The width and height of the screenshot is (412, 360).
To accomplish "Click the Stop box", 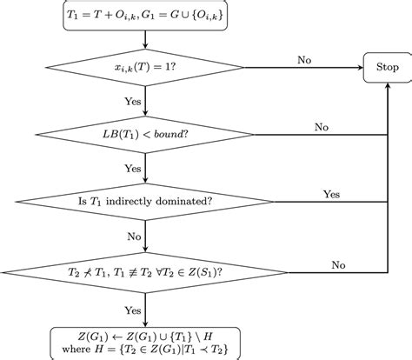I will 386,66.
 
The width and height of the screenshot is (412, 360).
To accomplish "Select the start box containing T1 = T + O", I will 146,16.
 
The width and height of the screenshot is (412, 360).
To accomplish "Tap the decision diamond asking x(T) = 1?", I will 146,67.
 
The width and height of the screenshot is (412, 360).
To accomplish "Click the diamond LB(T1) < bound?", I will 146,135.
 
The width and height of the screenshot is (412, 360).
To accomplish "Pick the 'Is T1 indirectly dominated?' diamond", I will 146,203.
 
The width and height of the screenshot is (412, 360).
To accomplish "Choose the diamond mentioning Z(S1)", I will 146,270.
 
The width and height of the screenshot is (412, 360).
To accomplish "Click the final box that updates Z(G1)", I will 146,338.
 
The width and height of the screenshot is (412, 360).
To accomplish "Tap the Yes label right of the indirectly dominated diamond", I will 331,195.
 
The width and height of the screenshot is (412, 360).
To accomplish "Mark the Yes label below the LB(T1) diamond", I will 132,167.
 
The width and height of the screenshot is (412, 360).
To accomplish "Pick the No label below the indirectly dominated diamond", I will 134,235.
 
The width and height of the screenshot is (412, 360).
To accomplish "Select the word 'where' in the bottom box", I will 75,346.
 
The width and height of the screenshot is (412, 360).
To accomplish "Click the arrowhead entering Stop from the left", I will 359,67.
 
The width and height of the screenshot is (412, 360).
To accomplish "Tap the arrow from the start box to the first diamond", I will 146,38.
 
